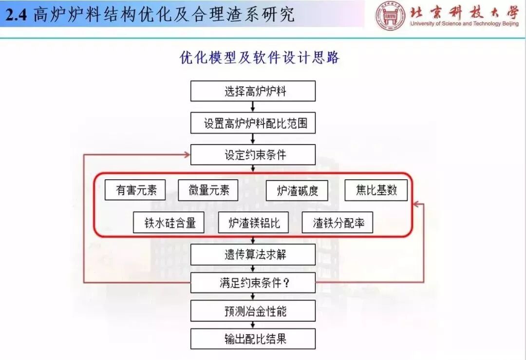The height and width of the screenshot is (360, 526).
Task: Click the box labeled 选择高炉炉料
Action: [253, 91]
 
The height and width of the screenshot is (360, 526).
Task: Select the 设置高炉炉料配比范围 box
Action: [253, 123]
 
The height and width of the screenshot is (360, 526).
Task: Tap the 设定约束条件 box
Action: [253, 155]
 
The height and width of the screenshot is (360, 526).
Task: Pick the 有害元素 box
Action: [135, 190]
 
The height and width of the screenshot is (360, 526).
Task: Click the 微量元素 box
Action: [208, 190]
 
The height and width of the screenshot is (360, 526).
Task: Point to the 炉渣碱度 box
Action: [297, 190]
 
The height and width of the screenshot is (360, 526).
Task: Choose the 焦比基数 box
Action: [376, 190]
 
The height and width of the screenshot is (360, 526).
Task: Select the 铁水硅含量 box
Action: [169, 223]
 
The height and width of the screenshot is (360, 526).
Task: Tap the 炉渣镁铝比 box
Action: [253, 223]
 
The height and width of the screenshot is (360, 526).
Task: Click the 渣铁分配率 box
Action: [338, 223]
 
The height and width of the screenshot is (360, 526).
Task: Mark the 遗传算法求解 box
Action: [253, 255]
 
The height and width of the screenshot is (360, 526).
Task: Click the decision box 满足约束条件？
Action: [253, 283]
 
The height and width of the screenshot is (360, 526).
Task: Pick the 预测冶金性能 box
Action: [253, 310]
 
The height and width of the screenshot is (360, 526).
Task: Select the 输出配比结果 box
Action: [253, 339]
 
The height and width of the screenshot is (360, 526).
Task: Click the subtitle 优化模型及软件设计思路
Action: [260, 58]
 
